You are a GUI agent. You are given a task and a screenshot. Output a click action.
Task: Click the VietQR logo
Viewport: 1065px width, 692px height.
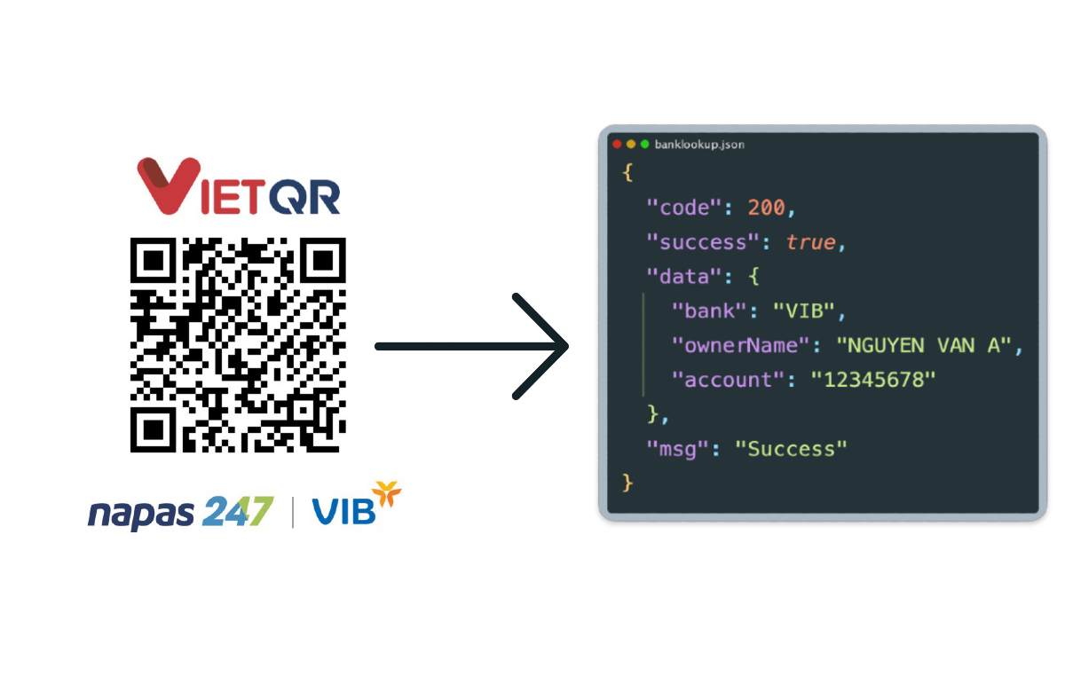point(239,186)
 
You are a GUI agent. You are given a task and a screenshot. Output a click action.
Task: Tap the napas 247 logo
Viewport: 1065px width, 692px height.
point(181,513)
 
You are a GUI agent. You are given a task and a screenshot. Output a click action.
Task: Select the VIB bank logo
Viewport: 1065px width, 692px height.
point(357,504)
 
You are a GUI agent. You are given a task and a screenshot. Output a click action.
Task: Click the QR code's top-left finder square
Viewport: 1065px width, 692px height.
point(153,261)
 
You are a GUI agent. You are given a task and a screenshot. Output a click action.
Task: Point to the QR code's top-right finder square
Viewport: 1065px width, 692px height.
point(323,261)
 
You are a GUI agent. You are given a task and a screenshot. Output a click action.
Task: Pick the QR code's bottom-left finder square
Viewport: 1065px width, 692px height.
point(153,429)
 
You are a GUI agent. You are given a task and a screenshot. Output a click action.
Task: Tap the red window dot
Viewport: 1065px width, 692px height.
point(617,144)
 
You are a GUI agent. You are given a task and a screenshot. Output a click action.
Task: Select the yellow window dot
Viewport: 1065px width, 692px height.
point(631,144)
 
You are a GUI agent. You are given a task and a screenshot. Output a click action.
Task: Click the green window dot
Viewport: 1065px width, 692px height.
point(644,144)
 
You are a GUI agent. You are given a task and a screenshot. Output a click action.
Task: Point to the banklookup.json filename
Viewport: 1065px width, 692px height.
point(699,145)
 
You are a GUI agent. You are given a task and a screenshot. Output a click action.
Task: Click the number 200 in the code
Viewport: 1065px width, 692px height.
point(766,208)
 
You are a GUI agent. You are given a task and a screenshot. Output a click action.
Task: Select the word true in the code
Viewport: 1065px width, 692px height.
point(810,242)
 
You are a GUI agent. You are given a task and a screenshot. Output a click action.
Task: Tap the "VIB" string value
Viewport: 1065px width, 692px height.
point(803,311)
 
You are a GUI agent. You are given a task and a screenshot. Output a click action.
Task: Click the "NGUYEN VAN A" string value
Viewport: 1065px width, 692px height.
point(924,345)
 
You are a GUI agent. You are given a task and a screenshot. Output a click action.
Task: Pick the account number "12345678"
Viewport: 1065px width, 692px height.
point(873,380)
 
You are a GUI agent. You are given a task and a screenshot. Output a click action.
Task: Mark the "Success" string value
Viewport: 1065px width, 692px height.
point(791,449)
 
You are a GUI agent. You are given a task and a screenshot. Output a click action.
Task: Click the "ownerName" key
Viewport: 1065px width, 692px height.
point(740,345)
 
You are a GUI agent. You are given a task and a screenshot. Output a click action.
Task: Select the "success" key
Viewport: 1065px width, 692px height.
point(703,242)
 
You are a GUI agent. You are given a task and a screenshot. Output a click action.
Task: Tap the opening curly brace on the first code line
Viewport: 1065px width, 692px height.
point(627,172)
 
